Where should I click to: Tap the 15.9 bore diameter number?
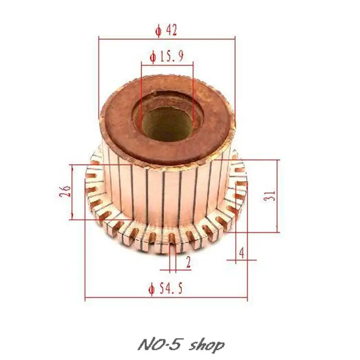click(x=171, y=56)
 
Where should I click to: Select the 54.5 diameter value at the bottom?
click(x=171, y=288)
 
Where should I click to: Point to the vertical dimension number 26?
click(x=65, y=191)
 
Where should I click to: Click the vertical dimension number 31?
click(x=269, y=196)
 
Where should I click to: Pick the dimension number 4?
click(x=241, y=253)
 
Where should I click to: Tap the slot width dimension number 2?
click(x=188, y=262)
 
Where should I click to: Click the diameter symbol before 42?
click(x=158, y=31)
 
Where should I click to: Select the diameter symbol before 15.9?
click(x=153, y=57)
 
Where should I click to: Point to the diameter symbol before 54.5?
click(x=152, y=289)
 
